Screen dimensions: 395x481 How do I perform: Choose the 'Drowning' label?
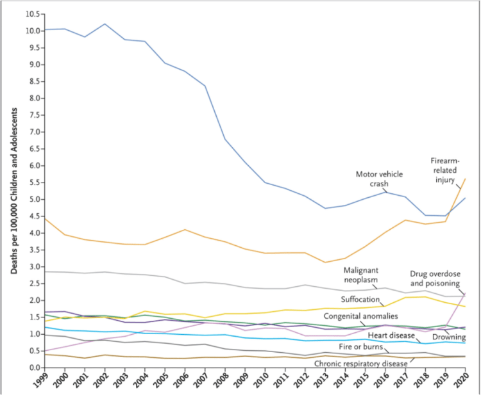coord(448,337)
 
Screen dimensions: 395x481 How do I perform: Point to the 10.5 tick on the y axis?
coord(31,14)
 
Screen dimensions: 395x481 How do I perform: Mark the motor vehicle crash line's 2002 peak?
coord(105,24)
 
